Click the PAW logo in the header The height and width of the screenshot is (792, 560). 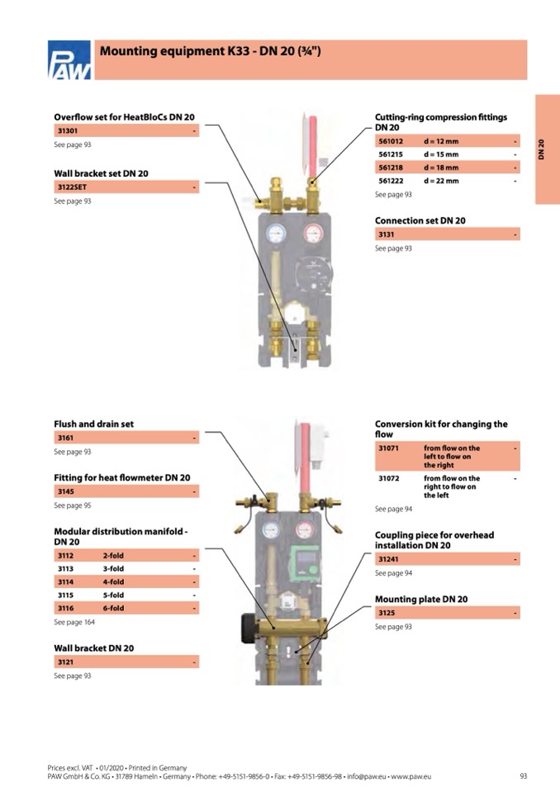(69, 60)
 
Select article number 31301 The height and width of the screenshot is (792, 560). (67, 131)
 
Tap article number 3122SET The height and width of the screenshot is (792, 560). (71, 187)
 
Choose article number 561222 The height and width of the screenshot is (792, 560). (392, 180)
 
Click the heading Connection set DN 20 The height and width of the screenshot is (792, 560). (420, 221)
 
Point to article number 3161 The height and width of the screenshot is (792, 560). (64, 438)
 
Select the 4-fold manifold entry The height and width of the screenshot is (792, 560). (113, 581)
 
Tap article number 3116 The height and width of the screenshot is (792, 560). (65, 608)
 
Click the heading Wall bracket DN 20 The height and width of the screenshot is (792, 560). (93, 648)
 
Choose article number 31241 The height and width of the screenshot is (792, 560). (389, 560)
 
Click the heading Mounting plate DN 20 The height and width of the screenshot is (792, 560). (421, 599)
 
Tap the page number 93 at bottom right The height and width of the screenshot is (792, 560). (523, 776)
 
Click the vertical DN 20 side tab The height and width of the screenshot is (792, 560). (542, 149)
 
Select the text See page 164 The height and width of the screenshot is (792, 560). (74, 622)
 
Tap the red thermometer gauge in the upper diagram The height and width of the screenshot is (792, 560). (313, 234)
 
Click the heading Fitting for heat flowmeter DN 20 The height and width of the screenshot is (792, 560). (121, 477)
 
